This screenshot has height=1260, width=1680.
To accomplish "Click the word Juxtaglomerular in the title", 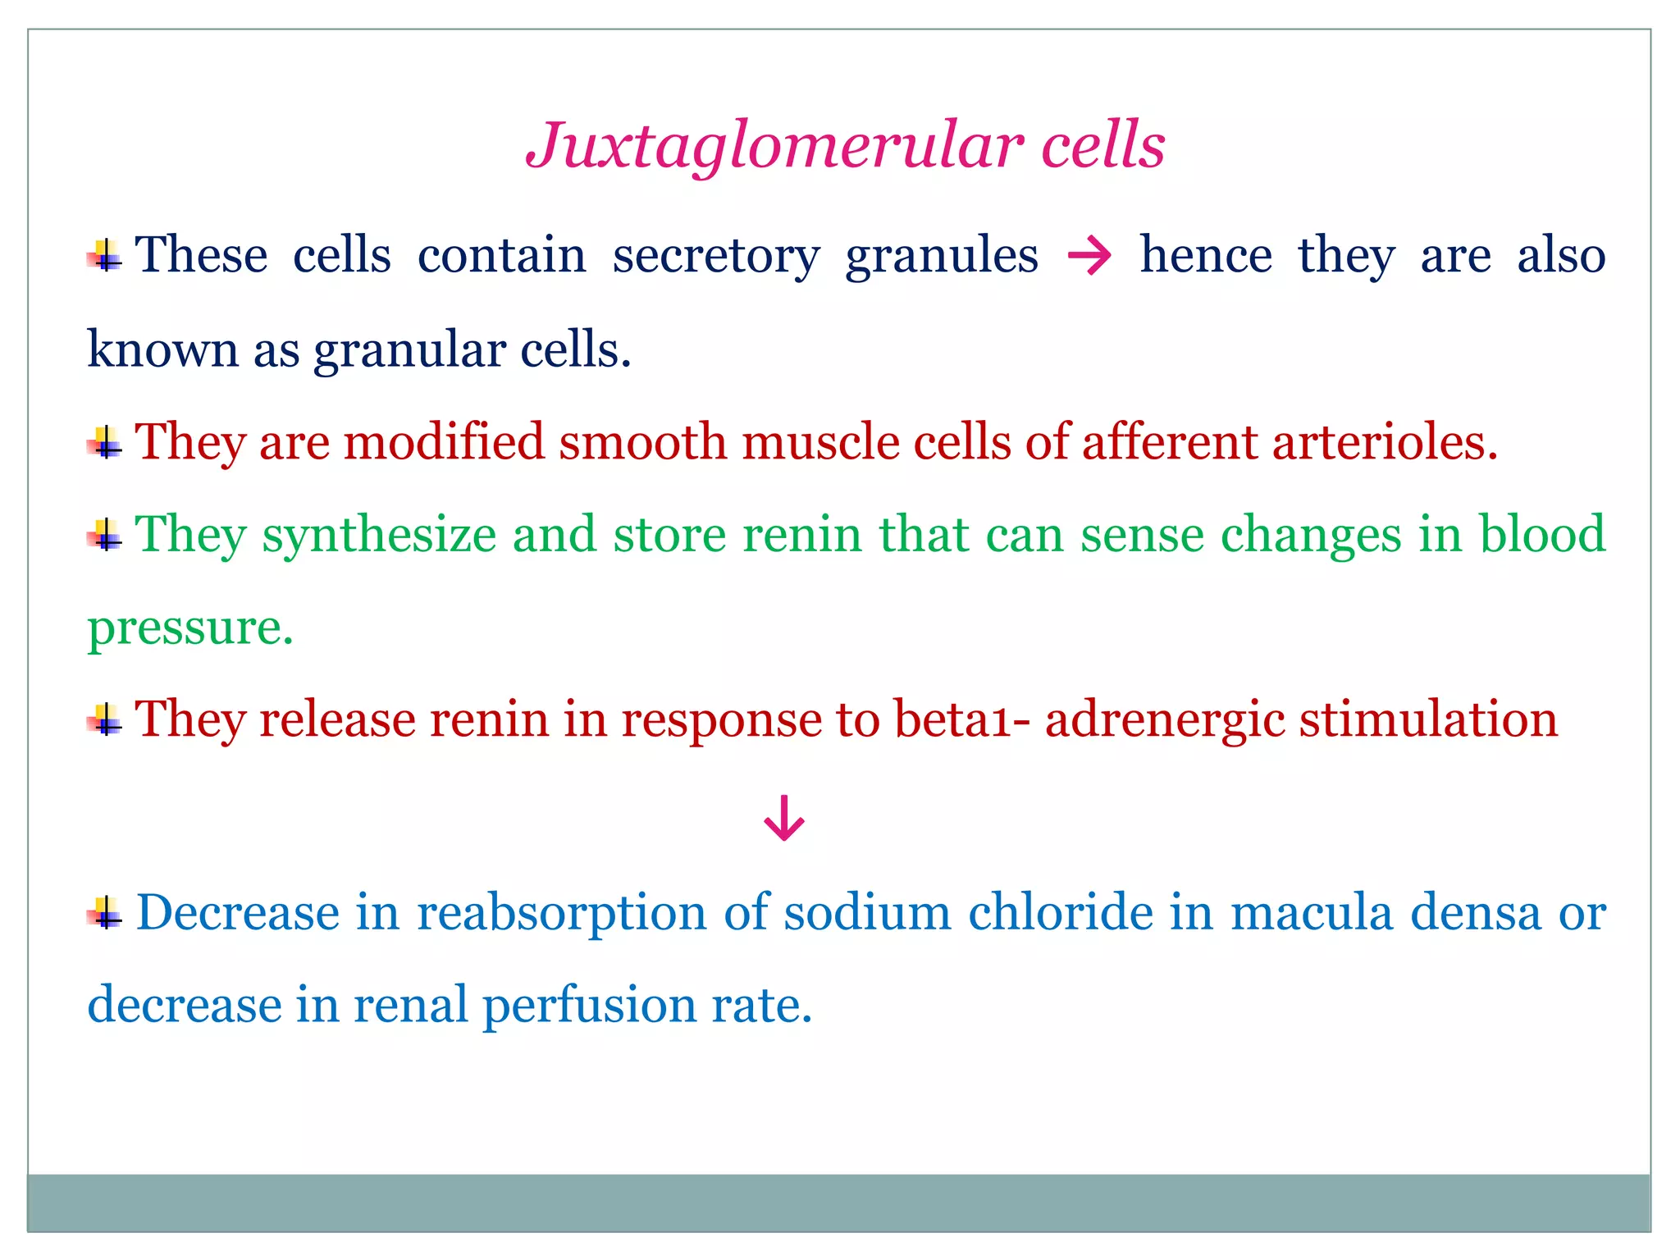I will (x=774, y=146).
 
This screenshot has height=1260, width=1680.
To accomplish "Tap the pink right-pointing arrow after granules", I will (x=1089, y=257).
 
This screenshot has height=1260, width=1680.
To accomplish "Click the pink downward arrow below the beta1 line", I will (x=783, y=818).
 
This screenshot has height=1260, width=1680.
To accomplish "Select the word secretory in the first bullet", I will (x=715, y=256).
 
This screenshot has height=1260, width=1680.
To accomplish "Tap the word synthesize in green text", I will (x=379, y=535).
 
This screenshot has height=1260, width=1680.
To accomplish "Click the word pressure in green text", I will (x=189, y=628).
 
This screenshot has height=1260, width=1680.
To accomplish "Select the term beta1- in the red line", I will (x=961, y=719).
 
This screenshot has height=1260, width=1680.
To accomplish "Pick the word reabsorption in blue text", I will (x=561, y=913).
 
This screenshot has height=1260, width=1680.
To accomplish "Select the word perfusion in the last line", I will (x=589, y=1006).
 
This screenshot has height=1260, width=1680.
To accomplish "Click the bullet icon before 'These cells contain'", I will (x=105, y=257).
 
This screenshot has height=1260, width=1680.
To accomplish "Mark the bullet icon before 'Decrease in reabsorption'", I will (x=105, y=913).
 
